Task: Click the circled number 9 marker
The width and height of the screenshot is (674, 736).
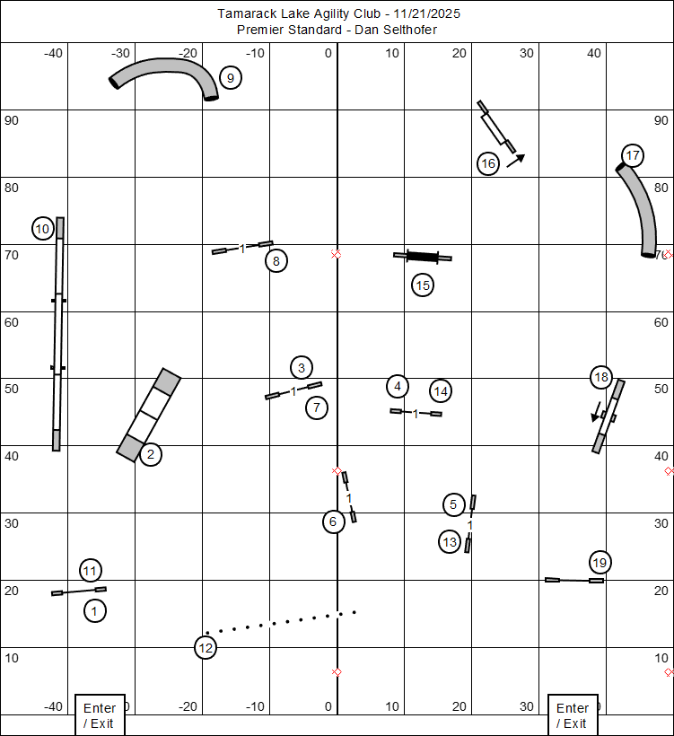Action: [x=231, y=78]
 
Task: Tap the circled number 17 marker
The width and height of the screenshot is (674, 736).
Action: [x=633, y=155]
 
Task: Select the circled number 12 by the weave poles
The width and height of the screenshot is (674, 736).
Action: [x=206, y=647]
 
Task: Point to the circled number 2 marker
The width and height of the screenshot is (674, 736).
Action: [x=151, y=454]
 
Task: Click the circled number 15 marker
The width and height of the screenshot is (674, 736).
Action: [x=423, y=285]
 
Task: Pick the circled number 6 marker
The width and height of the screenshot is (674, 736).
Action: [x=334, y=521]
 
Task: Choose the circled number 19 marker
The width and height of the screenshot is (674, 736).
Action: [x=600, y=563]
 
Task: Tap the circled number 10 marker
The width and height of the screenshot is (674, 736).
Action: [x=43, y=229]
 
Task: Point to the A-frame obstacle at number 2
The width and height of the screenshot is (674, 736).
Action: [x=149, y=415]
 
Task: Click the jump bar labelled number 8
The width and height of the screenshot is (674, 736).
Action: [x=242, y=247]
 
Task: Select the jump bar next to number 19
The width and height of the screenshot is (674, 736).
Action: [x=574, y=580]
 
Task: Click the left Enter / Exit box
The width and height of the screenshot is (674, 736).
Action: [x=99, y=715]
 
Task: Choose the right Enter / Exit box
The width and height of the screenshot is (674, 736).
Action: [x=573, y=715]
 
